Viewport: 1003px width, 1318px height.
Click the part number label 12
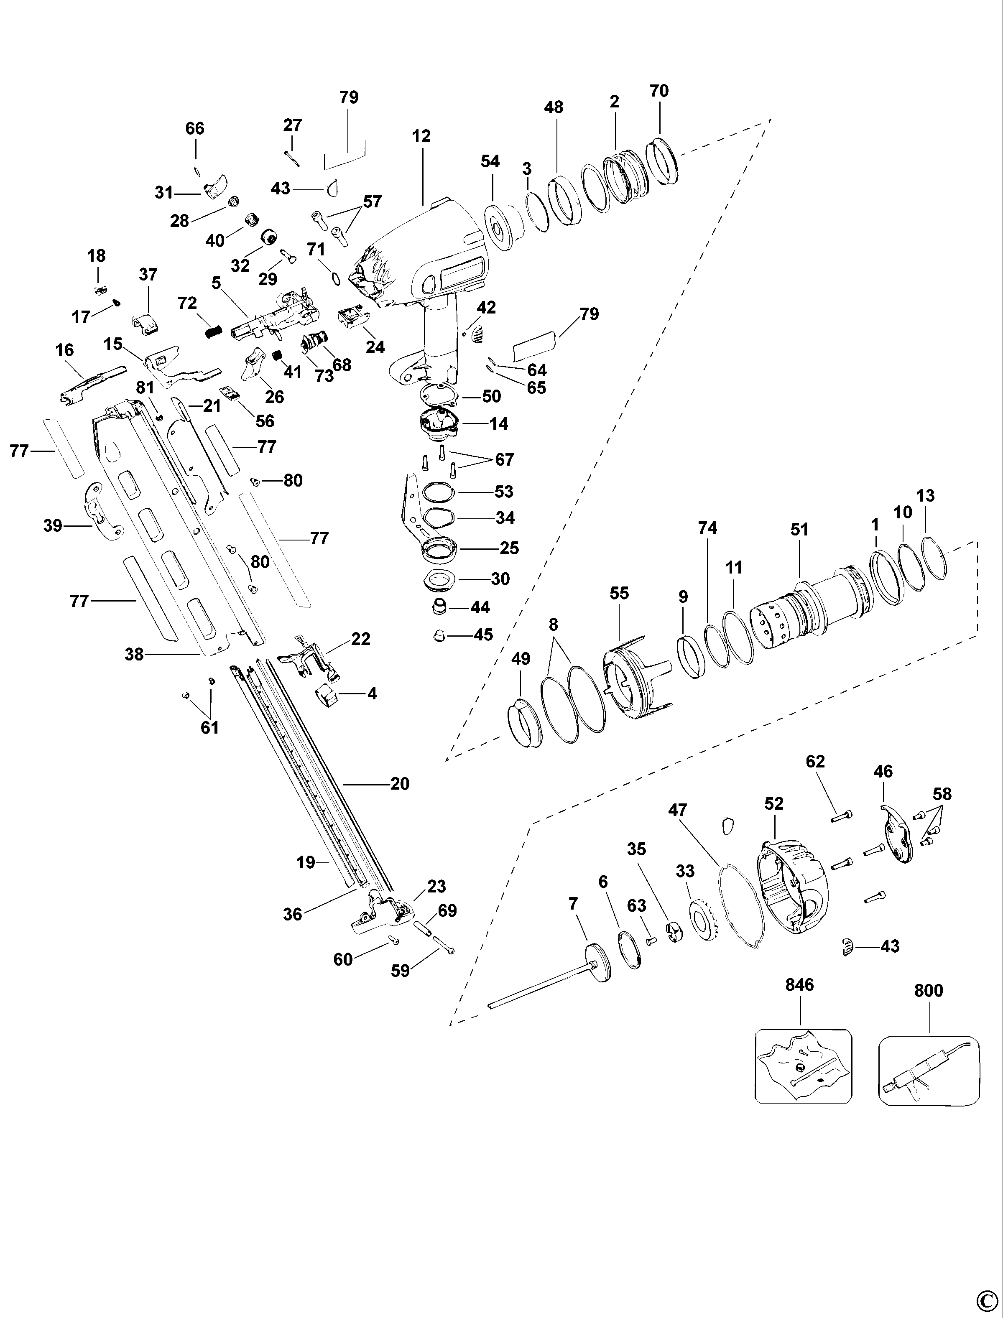[421, 136]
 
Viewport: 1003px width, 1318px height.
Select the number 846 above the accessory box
[799, 984]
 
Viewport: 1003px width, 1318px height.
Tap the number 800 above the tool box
[929, 991]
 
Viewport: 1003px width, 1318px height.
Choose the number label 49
[521, 659]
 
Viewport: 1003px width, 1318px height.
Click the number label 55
[619, 593]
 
